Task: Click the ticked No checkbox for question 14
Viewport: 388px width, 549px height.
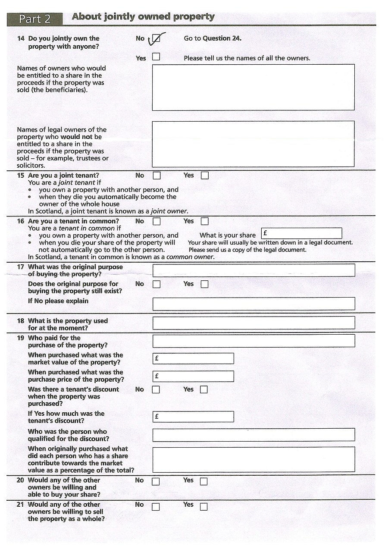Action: tap(156, 39)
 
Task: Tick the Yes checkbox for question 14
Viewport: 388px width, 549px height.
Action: tap(156, 56)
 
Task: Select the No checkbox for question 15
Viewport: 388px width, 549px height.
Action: tap(156, 176)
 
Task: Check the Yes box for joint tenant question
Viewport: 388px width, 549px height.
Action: tap(204, 176)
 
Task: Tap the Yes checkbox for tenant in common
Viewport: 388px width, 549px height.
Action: tap(204, 221)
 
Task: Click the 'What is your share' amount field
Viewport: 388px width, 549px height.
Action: tap(302, 233)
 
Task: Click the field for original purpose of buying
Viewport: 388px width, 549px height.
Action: tap(253, 270)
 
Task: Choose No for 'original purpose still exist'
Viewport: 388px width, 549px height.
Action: tap(156, 284)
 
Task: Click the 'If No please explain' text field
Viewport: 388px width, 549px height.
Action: tap(253, 304)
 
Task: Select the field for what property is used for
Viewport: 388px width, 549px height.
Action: tap(253, 323)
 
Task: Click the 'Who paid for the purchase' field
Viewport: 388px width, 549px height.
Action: tap(253, 341)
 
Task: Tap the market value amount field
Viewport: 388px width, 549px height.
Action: tap(193, 358)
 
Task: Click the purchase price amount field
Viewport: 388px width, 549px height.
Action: tap(193, 376)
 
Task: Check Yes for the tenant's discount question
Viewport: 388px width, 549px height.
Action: tap(203, 389)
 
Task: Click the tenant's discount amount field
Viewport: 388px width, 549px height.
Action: tap(193, 417)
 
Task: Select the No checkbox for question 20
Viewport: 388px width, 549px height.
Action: tap(156, 481)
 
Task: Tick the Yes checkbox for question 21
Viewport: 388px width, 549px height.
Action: tap(203, 507)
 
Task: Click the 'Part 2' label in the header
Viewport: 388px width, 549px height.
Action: tap(34, 19)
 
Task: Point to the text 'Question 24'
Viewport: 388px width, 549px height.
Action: tap(222, 38)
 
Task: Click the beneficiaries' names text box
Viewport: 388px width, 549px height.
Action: tap(253, 88)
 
